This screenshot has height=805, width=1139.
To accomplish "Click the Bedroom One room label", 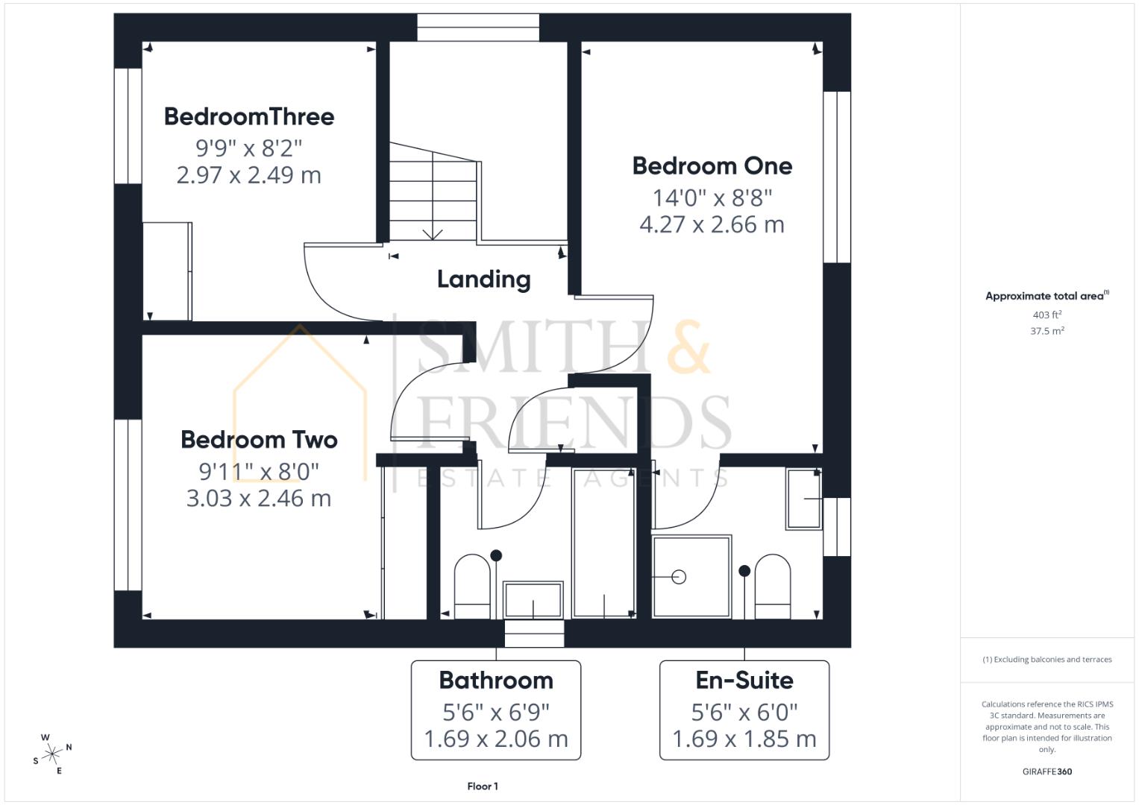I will pos(712,165).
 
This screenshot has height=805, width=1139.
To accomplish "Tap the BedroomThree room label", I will pos(249,116).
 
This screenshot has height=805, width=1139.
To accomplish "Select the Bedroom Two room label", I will pos(259,440).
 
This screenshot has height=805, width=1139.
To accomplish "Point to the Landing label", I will pos(483,280).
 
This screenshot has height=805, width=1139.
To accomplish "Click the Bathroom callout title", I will pos(496,680).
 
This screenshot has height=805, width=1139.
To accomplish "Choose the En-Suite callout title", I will pos(744,680).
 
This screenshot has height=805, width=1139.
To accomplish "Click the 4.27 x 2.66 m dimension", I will pos(712,224).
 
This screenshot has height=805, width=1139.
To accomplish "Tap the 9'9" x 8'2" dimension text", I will pos(249,148).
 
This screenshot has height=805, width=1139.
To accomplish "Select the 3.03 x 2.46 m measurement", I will pos(259,498).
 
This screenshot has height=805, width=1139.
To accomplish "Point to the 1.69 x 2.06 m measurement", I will pos(496,739).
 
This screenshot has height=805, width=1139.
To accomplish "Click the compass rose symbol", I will pos(52,754).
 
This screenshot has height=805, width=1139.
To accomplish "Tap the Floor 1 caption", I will pos(483,786).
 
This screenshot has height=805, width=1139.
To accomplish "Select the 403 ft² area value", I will pos(1047,315).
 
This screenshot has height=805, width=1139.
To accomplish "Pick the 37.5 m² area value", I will pos(1047,331).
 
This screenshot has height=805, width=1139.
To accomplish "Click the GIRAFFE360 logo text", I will pos(1047,771).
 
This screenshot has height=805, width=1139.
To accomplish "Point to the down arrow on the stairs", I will pos(433,233).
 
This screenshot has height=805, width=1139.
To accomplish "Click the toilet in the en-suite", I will pos(772,586).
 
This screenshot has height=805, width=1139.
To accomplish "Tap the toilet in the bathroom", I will pos(472,586).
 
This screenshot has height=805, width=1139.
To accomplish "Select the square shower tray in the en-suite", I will pos(691,576).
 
